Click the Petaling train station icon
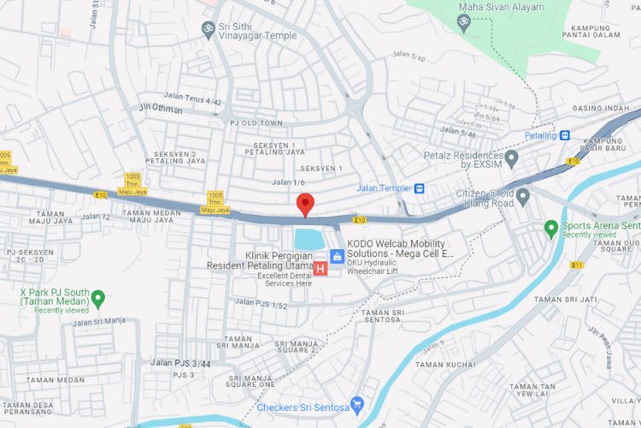565,135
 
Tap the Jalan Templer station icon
420,188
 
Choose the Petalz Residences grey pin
512,158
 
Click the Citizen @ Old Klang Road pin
522,196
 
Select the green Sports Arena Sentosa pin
551,228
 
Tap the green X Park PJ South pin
98,298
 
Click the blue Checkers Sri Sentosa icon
359,403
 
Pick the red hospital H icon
320,269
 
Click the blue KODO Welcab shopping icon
338,254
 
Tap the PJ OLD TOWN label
256,123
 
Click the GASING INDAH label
598,109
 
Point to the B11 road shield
577,265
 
